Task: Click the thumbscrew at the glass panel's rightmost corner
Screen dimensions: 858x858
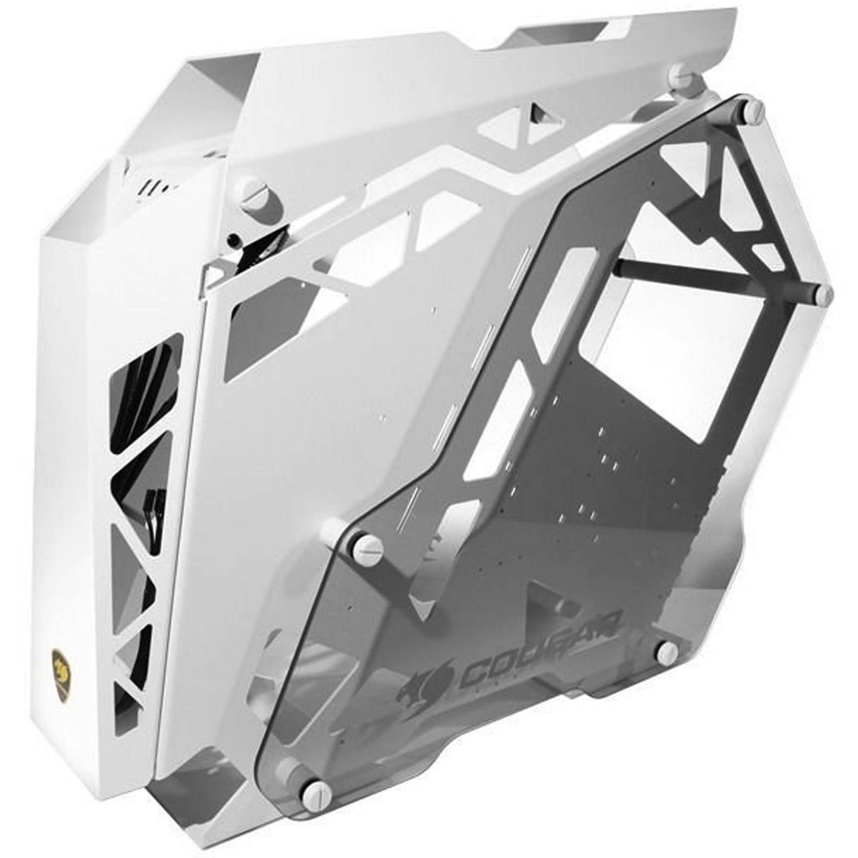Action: click(x=822, y=293)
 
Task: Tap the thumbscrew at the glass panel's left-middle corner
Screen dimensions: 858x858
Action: click(x=369, y=546)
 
